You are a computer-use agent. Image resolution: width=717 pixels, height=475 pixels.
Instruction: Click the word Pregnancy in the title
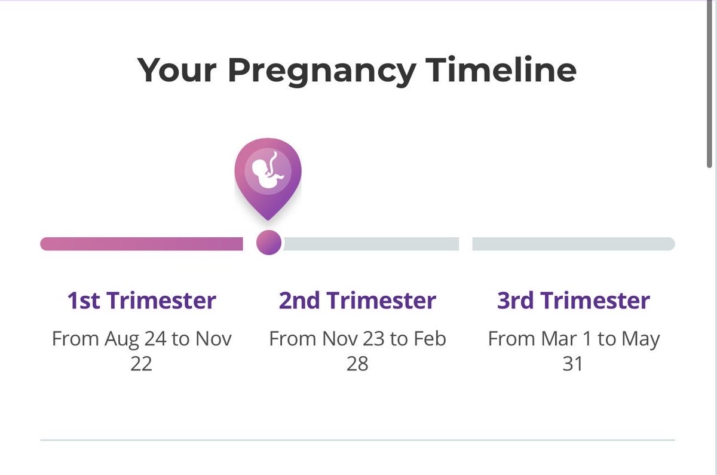[321, 71]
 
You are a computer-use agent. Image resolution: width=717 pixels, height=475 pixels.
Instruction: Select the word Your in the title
[176, 70]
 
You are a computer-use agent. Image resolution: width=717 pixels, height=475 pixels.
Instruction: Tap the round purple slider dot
[268, 243]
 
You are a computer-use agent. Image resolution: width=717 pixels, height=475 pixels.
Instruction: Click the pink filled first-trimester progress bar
[142, 244]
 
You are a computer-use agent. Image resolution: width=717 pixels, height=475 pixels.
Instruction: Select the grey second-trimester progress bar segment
[370, 244]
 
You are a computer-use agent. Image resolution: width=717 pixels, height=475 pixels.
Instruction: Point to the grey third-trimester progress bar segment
[573, 244]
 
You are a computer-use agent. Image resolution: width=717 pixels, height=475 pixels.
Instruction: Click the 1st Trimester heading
[142, 301]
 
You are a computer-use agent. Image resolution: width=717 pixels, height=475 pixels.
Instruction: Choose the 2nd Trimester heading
[357, 301]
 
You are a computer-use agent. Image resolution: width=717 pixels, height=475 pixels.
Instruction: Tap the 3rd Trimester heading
[573, 301]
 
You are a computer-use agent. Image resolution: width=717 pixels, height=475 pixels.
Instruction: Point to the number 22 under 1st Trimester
[142, 363]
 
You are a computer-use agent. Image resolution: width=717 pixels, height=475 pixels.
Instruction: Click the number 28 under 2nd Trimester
[357, 363]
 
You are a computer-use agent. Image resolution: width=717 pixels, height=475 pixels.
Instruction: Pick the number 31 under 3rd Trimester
[573, 363]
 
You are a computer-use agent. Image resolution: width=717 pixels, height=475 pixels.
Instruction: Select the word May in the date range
[641, 339]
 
